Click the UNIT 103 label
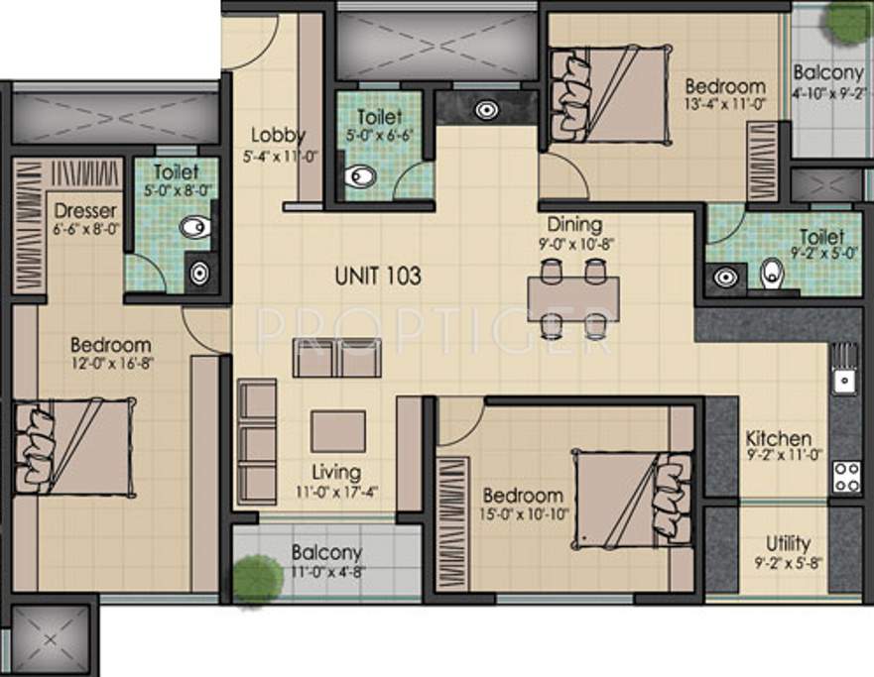[376, 276]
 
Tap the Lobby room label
[278, 135]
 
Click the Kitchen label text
[779, 438]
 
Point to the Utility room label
[788, 543]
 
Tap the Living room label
[335, 473]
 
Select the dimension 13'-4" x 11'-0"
[724, 102]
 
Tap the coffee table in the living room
[337, 430]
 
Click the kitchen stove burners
[845, 477]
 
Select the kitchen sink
[845, 378]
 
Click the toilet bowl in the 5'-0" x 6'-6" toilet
[361, 177]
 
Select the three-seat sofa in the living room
[257, 442]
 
